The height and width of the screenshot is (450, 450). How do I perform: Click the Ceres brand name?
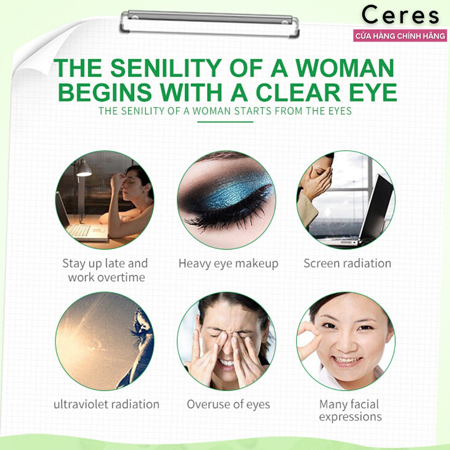click(400, 15)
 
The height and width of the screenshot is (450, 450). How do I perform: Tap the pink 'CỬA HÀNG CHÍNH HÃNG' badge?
click(400, 36)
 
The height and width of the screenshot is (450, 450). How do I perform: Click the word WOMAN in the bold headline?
click(345, 68)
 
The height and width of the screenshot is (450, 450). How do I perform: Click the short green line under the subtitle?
click(225, 122)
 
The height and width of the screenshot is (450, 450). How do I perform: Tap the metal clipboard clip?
click(210, 24)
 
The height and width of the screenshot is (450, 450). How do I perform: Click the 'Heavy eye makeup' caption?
click(229, 264)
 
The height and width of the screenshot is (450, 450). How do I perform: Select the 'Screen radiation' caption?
click(347, 264)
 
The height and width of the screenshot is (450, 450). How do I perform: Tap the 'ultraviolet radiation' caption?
click(106, 404)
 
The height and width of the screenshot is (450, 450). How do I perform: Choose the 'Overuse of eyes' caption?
click(229, 405)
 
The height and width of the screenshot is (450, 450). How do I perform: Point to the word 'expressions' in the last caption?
click(350, 417)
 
